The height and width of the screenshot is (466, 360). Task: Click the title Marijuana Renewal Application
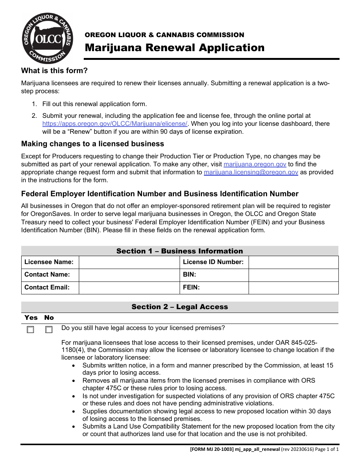(175, 48)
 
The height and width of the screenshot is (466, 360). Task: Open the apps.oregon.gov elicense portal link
(115, 124)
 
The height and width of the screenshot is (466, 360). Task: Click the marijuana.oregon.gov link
(255, 164)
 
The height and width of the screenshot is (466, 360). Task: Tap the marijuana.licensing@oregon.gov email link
(251, 172)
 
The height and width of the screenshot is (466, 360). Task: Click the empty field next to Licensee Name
(129, 262)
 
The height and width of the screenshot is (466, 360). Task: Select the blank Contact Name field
(129, 275)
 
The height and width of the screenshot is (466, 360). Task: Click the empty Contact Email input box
(129, 288)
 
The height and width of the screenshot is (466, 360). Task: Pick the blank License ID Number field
(293, 262)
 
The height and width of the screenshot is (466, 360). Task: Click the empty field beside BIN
(293, 275)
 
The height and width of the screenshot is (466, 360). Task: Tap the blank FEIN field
(293, 288)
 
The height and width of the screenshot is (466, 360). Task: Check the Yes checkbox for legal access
(30, 330)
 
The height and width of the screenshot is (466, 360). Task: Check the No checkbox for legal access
(49, 330)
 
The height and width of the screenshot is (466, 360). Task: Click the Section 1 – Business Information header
(180, 251)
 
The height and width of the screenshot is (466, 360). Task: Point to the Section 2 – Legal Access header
(180, 307)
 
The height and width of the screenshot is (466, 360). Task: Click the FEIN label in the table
(191, 288)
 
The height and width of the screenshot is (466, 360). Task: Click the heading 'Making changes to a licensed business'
(92, 144)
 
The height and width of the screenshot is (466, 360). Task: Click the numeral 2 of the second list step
(34, 116)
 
